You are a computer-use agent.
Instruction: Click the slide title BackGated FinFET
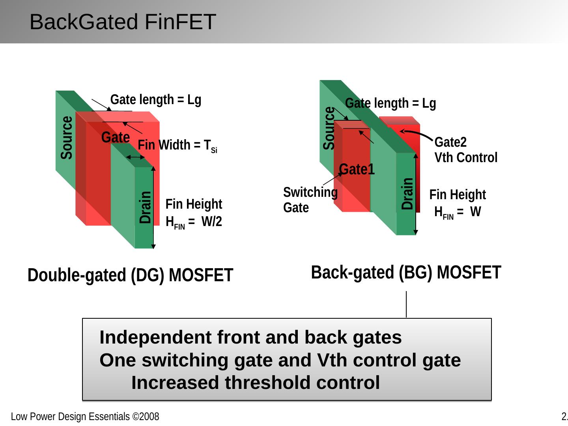tap(123, 22)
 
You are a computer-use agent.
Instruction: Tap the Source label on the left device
tap(67, 138)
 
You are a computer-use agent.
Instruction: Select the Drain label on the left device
tap(146, 207)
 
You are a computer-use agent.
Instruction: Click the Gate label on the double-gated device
tap(116, 138)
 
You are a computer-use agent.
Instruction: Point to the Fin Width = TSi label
tap(177, 146)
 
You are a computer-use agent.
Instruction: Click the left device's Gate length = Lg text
tap(156, 100)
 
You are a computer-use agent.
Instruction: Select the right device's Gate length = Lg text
tap(390, 103)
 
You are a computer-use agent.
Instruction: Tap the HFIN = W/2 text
tap(194, 222)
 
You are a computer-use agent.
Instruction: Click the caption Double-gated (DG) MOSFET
tap(130, 275)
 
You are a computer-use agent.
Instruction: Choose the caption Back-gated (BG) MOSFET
tap(406, 272)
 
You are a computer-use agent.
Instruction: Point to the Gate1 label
tap(357, 169)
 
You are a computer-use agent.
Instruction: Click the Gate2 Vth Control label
tap(466, 150)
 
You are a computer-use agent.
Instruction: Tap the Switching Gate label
tap(310, 200)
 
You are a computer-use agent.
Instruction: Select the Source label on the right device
tap(329, 128)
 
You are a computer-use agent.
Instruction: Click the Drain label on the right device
tap(407, 194)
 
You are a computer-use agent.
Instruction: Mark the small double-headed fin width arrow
tap(136, 157)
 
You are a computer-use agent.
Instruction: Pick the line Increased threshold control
tap(256, 383)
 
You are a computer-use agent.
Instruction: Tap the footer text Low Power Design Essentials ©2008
tap(85, 417)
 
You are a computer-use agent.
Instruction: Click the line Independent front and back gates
tap(250, 338)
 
